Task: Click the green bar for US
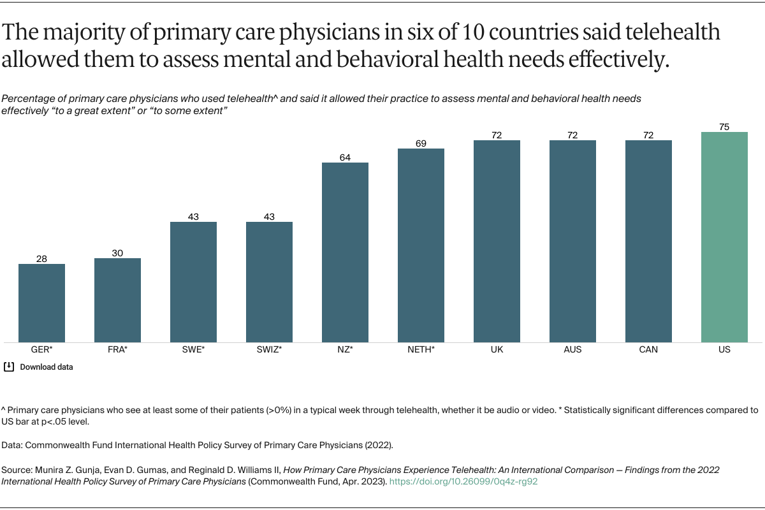[x=724, y=237]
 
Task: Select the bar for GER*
[x=41, y=303]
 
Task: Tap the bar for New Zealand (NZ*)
[x=345, y=252]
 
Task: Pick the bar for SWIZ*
[x=269, y=282]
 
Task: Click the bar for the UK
[x=497, y=241]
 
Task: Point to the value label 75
[x=724, y=127]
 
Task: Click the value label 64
[x=345, y=157]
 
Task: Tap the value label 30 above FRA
[x=117, y=253]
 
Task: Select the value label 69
[x=421, y=143]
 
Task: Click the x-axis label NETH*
[x=421, y=350]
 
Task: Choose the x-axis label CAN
[x=648, y=350]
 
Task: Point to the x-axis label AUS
[x=572, y=350]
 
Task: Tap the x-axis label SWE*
[x=193, y=350]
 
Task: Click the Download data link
[x=47, y=367]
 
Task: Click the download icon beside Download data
[x=9, y=367]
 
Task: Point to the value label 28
[x=41, y=259]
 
